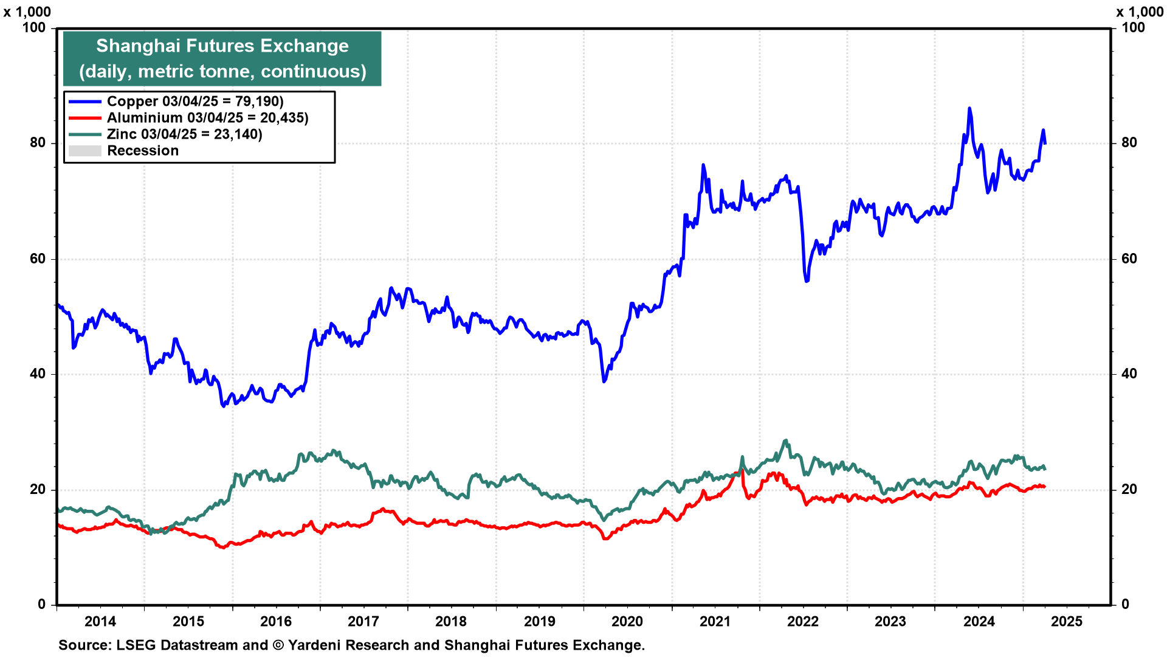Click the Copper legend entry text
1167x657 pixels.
coord(195,102)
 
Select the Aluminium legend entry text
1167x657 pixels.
coord(207,118)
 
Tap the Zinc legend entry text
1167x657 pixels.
coord(184,134)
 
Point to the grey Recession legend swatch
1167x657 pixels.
coord(84,151)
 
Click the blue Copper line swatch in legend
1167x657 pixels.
coord(84,102)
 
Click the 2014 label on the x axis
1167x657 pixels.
coord(100,621)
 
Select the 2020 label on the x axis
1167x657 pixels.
coord(627,621)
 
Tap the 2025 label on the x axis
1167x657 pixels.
coord(1067,621)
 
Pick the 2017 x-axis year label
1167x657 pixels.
coord(363,621)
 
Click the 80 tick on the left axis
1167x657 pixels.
coord(38,143)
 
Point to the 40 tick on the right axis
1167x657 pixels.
coord(1129,374)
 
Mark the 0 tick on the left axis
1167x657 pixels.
coord(41,604)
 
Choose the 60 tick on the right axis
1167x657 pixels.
coord(1129,259)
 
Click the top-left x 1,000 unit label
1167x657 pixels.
coord(27,12)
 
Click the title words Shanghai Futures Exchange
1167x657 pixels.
coord(222,46)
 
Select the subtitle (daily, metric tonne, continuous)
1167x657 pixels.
coord(222,72)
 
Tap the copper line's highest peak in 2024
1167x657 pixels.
coord(969,109)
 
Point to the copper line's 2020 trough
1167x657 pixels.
coord(604,381)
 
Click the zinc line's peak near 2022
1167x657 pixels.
coord(785,440)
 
